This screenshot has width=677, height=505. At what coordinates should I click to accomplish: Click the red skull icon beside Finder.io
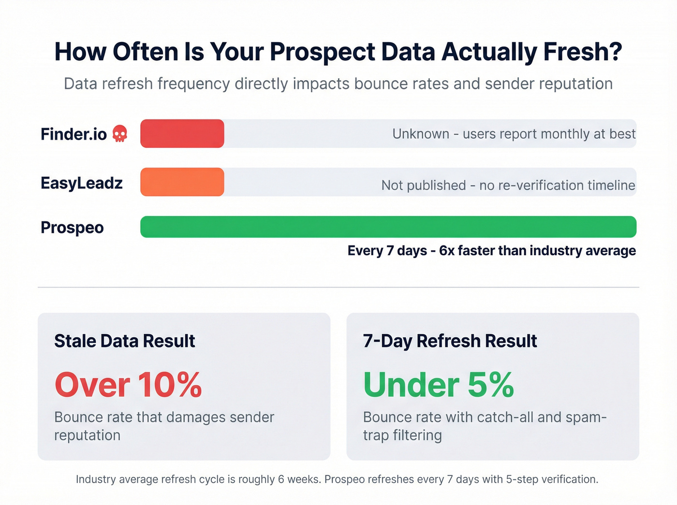click(x=120, y=133)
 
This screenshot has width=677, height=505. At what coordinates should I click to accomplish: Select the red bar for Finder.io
click(x=182, y=133)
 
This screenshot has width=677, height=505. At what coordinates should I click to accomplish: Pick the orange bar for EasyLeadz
click(x=182, y=182)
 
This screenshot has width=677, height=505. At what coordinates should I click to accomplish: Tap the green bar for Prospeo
click(x=388, y=227)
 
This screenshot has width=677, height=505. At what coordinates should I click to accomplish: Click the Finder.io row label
click(x=74, y=134)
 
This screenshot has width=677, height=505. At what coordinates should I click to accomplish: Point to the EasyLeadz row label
click(x=82, y=183)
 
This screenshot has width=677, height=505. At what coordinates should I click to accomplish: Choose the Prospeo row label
click(x=72, y=227)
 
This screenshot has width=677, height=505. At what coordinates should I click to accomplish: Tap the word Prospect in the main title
click(x=323, y=52)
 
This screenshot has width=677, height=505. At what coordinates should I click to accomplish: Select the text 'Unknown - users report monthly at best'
click(x=514, y=134)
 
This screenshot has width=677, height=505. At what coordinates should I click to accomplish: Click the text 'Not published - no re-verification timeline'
click(x=508, y=185)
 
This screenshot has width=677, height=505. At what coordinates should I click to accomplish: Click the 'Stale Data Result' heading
click(x=124, y=341)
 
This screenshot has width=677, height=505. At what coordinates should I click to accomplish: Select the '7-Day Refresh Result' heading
click(x=450, y=341)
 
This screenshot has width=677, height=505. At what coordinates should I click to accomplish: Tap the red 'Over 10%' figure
click(x=128, y=385)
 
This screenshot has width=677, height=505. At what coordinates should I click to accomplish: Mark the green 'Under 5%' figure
click(x=438, y=385)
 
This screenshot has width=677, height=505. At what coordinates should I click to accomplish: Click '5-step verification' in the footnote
click(x=551, y=479)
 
